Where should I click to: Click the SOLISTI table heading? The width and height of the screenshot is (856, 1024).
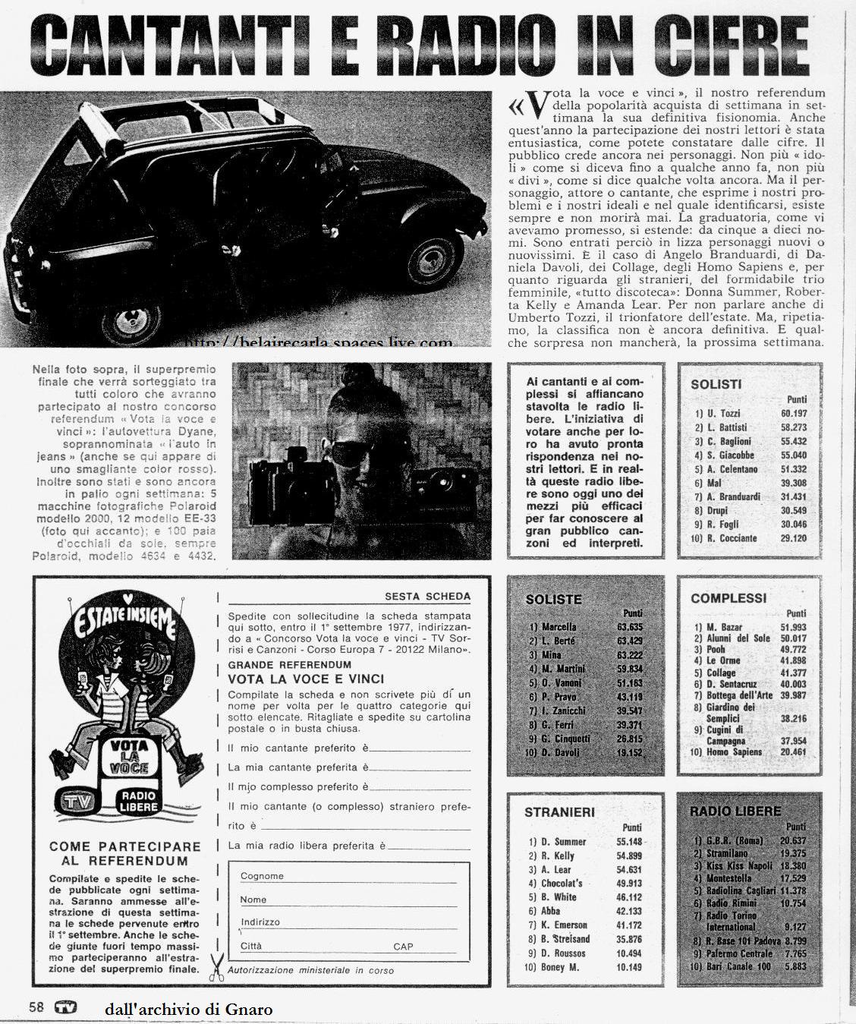716,384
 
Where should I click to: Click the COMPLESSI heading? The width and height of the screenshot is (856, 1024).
729,598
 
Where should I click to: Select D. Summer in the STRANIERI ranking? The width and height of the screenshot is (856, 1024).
563,842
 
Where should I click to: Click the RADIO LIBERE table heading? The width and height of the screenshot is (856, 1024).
735,811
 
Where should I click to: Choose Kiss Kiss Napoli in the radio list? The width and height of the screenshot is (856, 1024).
739,865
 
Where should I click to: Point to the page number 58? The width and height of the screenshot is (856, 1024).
36,1008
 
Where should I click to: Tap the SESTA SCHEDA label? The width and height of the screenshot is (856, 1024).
427,596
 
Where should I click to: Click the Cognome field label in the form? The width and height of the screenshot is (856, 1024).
262,876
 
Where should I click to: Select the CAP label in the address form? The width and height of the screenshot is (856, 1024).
403,947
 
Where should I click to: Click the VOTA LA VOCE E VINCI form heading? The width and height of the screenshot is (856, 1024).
306,679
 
